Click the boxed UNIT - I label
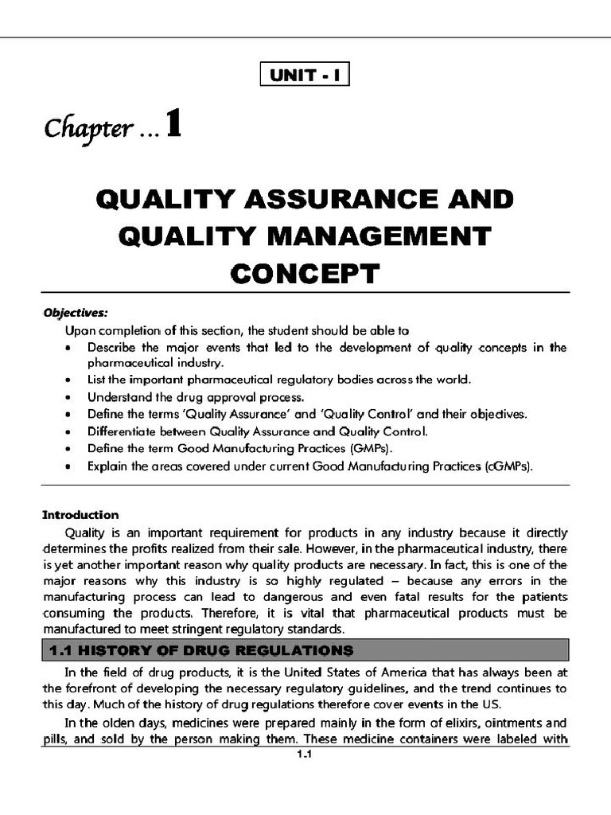pyautogui.click(x=305, y=76)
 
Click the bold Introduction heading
pyautogui.click(x=80, y=514)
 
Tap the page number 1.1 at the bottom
pyautogui.click(x=305, y=757)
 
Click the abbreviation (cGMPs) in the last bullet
pyautogui.click(x=508, y=468)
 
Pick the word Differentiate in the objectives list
pyautogui.click(x=121, y=432)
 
